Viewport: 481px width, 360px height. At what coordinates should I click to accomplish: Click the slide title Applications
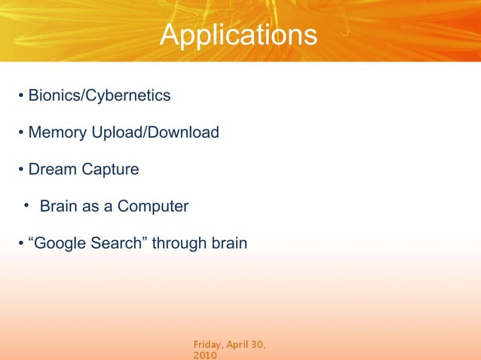(x=239, y=35)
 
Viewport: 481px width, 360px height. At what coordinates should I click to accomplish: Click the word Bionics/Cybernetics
(x=99, y=96)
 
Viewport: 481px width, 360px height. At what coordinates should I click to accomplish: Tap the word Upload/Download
(x=155, y=133)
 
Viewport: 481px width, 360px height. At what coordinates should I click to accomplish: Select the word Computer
(x=152, y=206)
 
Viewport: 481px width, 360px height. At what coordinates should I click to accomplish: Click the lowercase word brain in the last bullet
(x=228, y=243)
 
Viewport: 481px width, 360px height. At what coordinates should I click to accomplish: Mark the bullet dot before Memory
(x=21, y=134)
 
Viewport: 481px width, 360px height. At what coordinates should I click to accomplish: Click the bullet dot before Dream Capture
(x=21, y=170)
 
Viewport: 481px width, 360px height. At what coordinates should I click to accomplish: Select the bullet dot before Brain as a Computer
(x=26, y=206)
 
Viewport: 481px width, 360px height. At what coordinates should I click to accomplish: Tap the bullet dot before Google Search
(x=21, y=244)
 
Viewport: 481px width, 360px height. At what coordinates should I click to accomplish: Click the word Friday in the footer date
(x=209, y=344)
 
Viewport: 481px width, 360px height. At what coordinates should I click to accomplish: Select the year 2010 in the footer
(x=205, y=355)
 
